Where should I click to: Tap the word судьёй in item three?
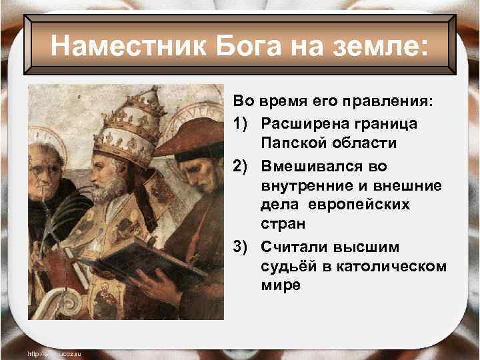click(x=285, y=267)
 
